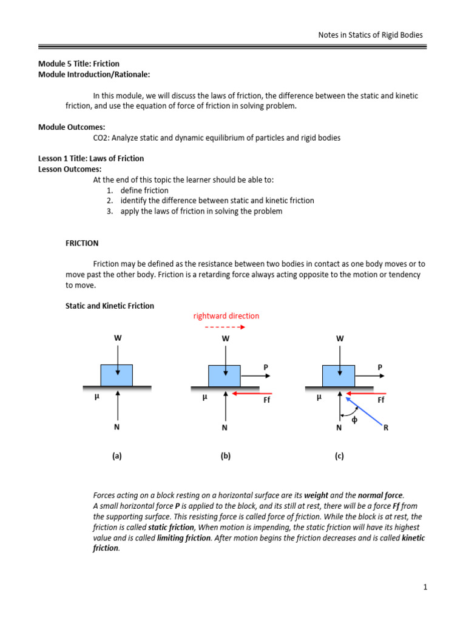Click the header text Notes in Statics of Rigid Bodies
pyautogui.click(x=371, y=35)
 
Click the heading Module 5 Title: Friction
pyautogui.click(x=79, y=63)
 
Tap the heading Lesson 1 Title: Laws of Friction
pyautogui.click(x=91, y=158)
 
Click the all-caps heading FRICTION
pyautogui.click(x=82, y=243)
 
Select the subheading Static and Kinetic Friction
pyautogui.click(x=110, y=306)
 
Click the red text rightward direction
pyautogui.click(x=226, y=316)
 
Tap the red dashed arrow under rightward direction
pyautogui.click(x=225, y=327)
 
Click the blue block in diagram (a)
pyautogui.click(x=117, y=375)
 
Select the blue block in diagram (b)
pyautogui.click(x=225, y=375)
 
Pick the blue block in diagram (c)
pyautogui.click(x=339, y=375)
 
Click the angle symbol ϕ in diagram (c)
pyautogui.click(x=355, y=420)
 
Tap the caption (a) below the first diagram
pyautogui.click(x=116, y=456)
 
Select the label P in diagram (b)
pyautogui.click(x=265, y=367)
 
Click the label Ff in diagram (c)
pyautogui.click(x=381, y=400)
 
